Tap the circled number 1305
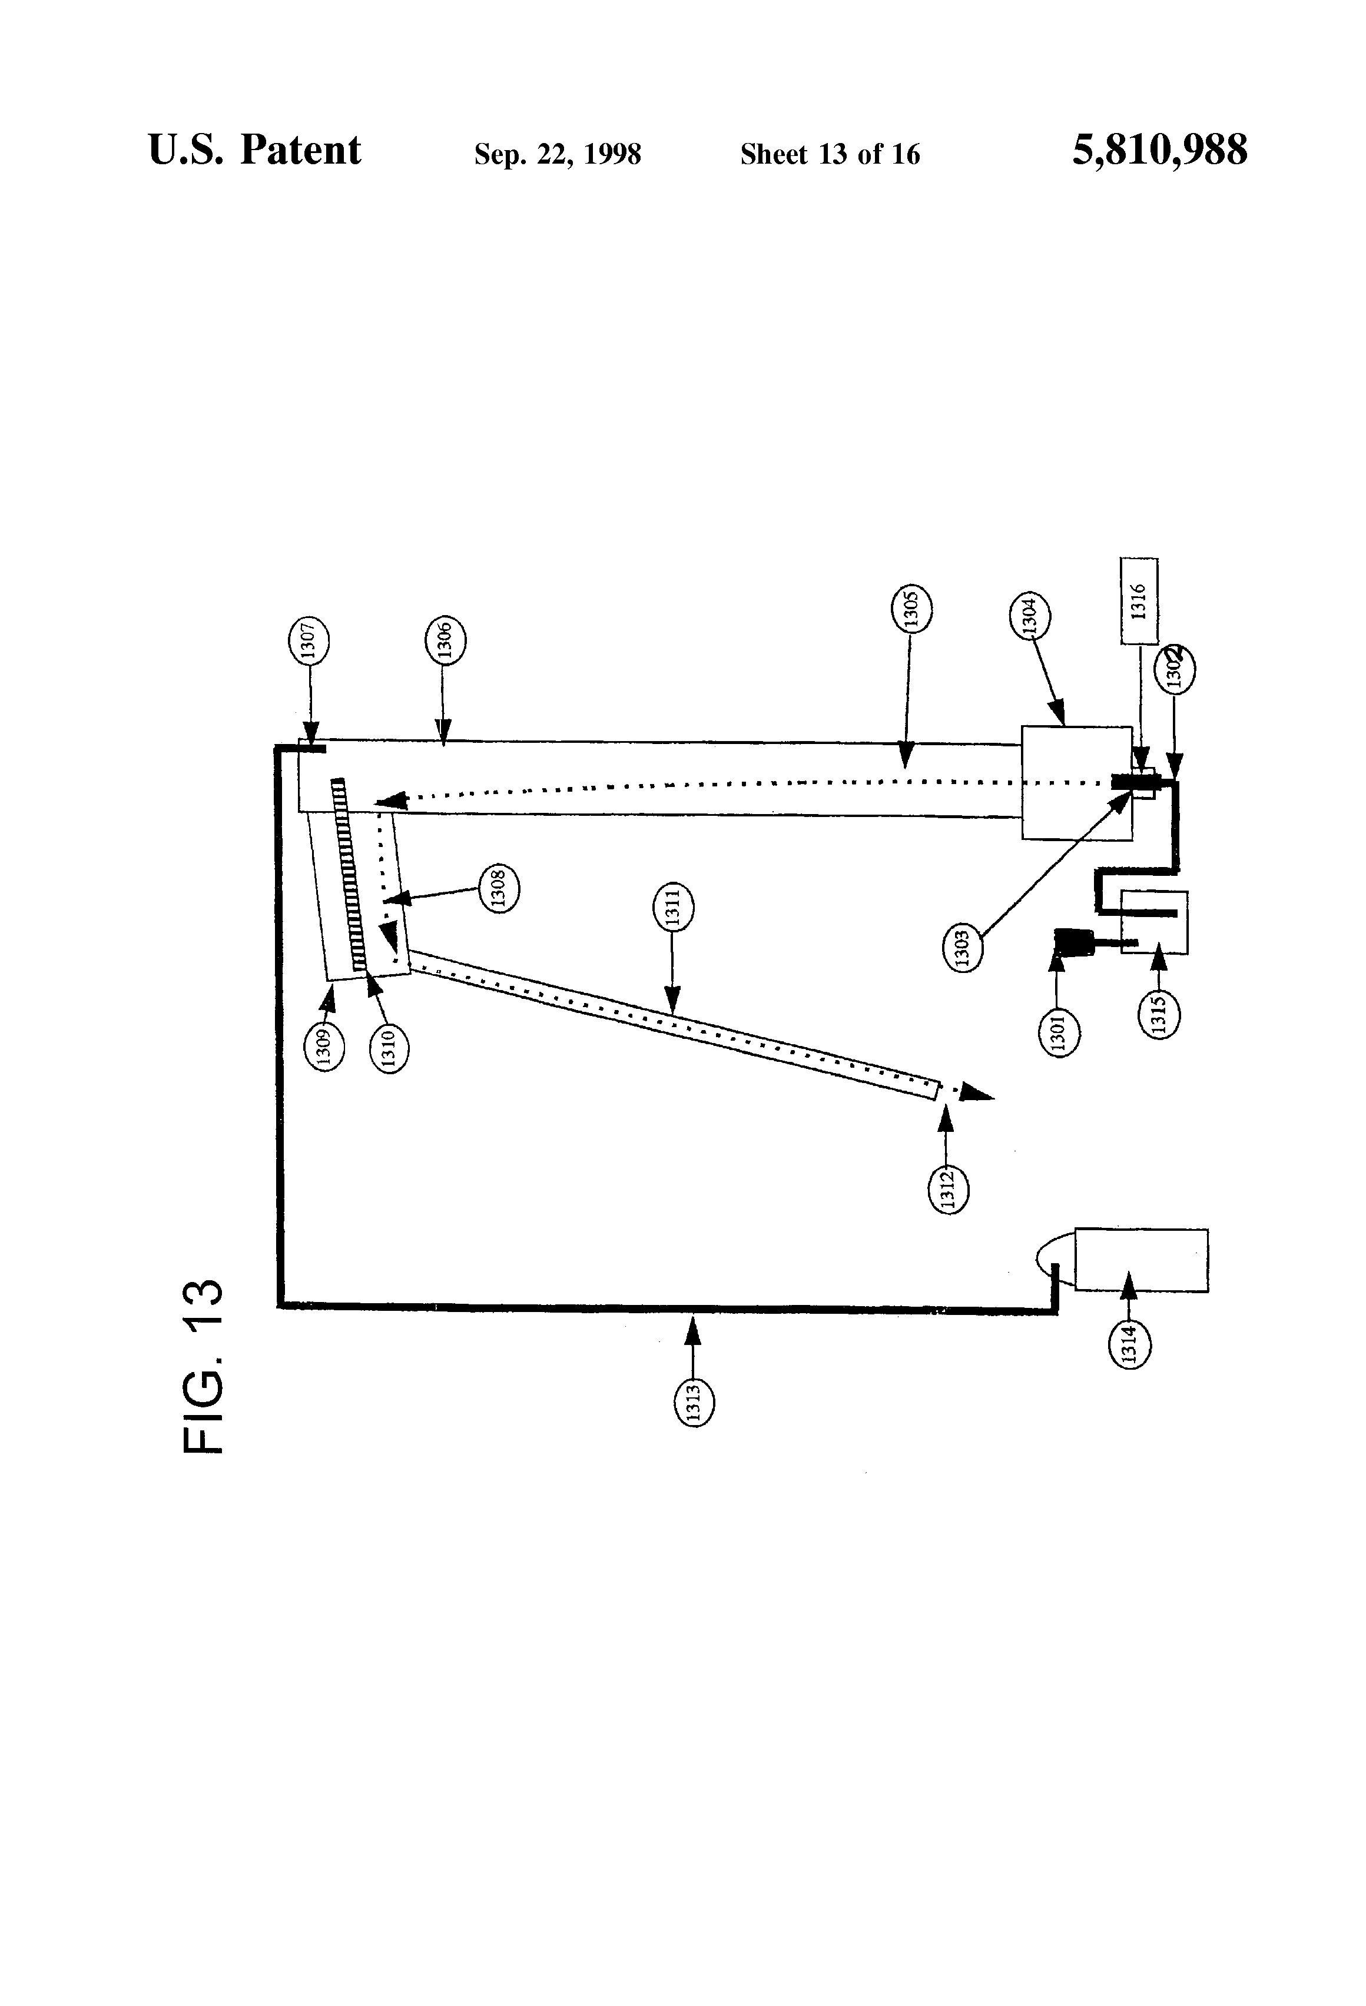pyautogui.click(x=911, y=609)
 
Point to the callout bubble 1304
pyautogui.click(x=1029, y=616)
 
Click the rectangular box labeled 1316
pyautogui.click(x=1139, y=601)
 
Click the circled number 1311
pyautogui.click(x=674, y=908)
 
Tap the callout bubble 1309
pyautogui.click(x=324, y=1046)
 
